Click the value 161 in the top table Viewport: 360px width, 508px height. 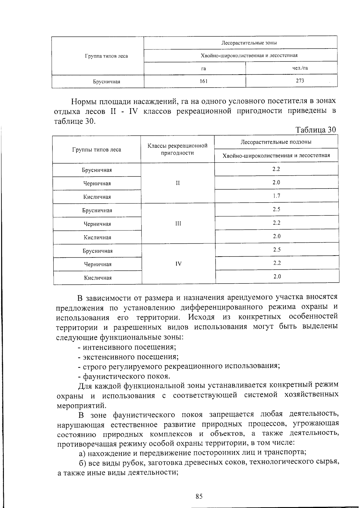(x=203, y=81)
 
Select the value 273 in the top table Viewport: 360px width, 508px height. (x=300, y=81)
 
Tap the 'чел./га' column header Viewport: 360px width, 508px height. (x=300, y=68)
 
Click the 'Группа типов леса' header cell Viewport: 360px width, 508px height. (x=106, y=56)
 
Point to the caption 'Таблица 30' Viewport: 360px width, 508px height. (x=316, y=130)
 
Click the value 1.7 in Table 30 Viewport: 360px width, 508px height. (x=276, y=196)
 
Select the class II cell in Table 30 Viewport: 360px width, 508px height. (x=178, y=183)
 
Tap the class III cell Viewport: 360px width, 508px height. (x=178, y=224)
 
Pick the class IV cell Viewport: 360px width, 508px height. (x=178, y=264)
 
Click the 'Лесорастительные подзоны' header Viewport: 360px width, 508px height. (x=276, y=142)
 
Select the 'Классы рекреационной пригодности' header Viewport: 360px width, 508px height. (x=178, y=149)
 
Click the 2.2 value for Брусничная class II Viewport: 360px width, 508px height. (x=276, y=169)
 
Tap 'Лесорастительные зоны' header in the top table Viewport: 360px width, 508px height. (x=249, y=43)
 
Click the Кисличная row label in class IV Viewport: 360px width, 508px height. (x=98, y=278)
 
